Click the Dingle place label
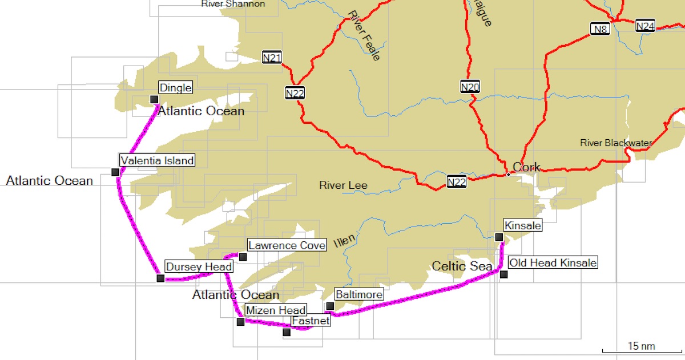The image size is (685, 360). tap(175, 88)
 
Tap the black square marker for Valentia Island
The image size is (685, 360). tap(115, 172)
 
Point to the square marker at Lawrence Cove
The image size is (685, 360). tap(243, 257)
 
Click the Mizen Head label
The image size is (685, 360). tap(276, 310)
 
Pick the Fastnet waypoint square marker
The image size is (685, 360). tap(287, 332)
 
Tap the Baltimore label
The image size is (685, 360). tap(358, 294)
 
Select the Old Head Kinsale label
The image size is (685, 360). tap(553, 263)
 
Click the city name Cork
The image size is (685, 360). tap(526, 167)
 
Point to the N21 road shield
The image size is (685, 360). tap(272, 57)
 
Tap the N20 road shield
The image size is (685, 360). tap(470, 87)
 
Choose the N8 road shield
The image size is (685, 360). tap(599, 29)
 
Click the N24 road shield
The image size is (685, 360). tap(645, 26)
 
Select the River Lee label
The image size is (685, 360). tap(343, 185)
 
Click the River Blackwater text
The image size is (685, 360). tap(615, 143)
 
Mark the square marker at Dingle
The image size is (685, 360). tap(154, 100)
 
